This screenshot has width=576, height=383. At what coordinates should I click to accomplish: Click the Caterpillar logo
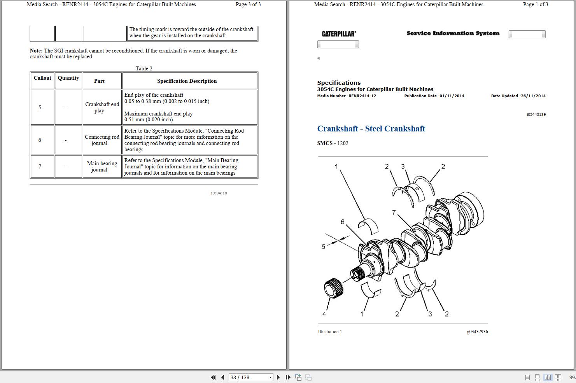339,34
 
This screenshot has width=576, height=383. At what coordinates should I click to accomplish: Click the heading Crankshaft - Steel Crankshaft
371,129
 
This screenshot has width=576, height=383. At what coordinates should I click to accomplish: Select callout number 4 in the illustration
324,314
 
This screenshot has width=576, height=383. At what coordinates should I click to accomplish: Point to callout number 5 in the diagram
323,247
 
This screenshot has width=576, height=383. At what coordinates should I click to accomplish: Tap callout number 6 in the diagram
342,222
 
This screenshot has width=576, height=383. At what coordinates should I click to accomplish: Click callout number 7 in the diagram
394,212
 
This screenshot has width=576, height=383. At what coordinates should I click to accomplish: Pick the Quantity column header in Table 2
68,78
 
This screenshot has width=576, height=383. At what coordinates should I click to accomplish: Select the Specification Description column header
187,81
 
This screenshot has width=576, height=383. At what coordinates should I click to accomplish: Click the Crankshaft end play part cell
102,107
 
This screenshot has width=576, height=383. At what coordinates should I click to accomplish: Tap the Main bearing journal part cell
102,166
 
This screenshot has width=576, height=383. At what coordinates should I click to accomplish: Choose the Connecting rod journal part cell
102,140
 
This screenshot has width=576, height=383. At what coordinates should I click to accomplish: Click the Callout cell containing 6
40,140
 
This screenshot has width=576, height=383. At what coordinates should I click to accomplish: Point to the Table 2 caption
144,68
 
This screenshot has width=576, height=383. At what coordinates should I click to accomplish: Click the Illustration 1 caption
330,332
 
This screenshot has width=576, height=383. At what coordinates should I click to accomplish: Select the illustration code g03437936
477,332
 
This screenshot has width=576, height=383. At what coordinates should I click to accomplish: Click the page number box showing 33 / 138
247,377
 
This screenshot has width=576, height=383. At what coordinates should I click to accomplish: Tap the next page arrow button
278,377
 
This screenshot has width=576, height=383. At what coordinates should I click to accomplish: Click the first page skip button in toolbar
213,377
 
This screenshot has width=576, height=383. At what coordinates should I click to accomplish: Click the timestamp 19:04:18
219,193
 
